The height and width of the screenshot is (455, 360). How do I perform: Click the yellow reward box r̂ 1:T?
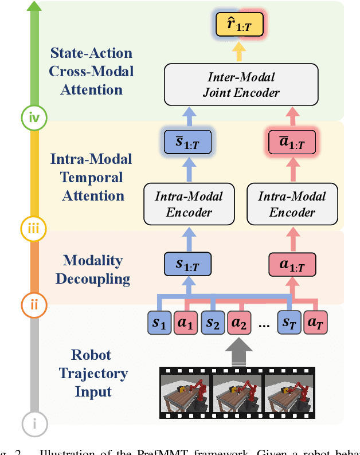click(x=240, y=25)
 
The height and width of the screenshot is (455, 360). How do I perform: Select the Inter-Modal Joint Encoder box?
click(x=240, y=84)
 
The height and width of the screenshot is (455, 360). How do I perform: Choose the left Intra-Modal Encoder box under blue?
click(x=189, y=204)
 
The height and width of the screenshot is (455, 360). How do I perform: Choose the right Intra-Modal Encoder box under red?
click(x=292, y=204)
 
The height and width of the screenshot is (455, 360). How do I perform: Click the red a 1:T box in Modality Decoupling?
click(x=292, y=265)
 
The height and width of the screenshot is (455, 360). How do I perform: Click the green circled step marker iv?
click(x=34, y=118)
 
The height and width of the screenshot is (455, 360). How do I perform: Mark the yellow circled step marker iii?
click(x=34, y=229)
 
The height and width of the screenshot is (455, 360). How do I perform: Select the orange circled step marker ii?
click(x=34, y=304)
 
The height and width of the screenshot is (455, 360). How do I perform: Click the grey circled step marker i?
click(x=34, y=424)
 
